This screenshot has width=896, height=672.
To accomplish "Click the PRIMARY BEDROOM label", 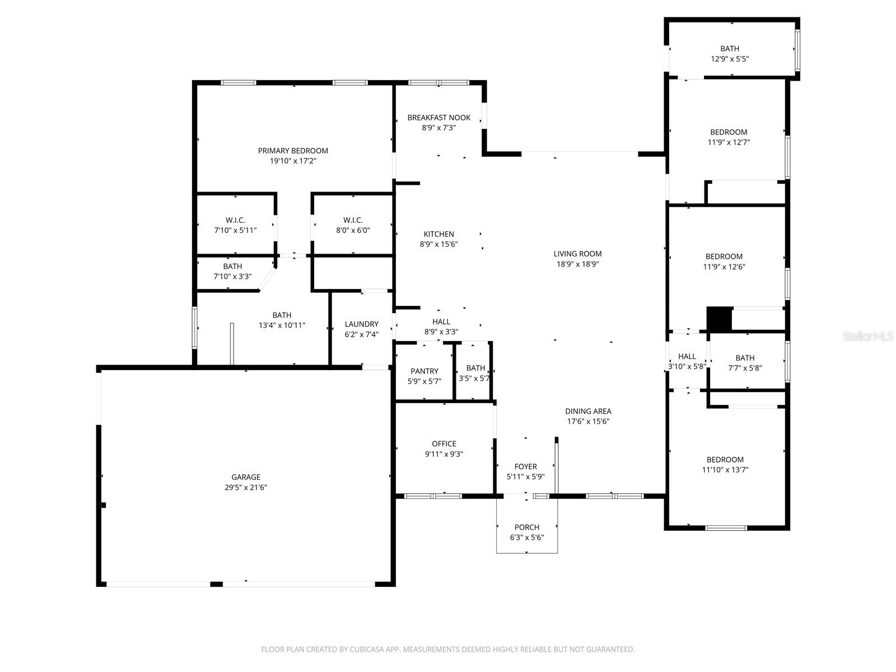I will click(x=293, y=151).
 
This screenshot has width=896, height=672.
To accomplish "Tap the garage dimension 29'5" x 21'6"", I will click(x=246, y=488).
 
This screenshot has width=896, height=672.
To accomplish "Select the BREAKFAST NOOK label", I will click(x=439, y=118).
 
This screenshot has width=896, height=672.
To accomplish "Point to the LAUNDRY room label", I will click(x=361, y=324).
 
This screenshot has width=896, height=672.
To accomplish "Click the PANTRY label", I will click(x=424, y=371).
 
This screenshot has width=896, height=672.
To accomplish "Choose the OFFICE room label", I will click(x=444, y=444).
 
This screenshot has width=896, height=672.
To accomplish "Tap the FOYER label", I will click(x=525, y=466).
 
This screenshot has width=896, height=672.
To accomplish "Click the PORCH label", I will click(x=527, y=527).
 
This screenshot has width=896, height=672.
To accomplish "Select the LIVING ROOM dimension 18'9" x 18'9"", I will click(x=577, y=264).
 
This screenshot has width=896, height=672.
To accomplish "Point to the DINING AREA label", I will click(x=588, y=411).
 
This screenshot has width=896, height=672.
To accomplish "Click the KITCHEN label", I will click(x=438, y=234).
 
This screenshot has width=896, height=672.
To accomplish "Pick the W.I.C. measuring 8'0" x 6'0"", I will click(x=353, y=230).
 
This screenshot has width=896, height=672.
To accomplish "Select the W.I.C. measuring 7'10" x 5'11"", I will click(x=235, y=230).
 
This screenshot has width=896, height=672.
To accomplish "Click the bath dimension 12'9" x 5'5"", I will click(x=730, y=59).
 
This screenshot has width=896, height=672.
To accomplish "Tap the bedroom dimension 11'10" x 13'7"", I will click(x=725, y=470).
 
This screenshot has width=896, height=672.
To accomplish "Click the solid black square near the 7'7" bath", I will click(x=720, y=319).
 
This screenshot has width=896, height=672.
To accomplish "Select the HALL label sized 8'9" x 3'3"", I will click(x=441, y=321).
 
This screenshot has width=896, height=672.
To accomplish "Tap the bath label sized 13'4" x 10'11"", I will click(x=282, y=315).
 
